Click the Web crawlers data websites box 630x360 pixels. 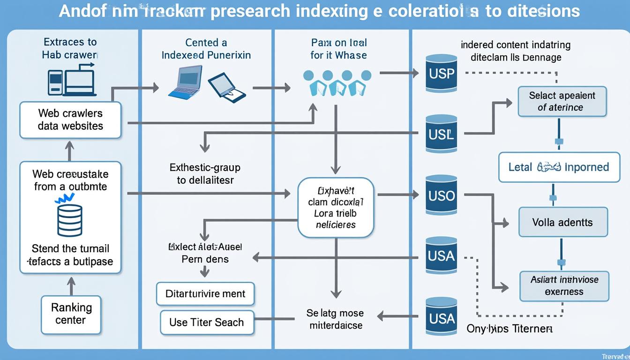tap(70, 120)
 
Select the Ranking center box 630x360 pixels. tap(71, 314)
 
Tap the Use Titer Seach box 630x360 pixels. tap(207, 322)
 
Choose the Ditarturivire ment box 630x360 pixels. tap(205, 294)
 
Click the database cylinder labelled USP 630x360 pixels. tap(441, 73)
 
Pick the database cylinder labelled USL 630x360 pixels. tap(441, 134)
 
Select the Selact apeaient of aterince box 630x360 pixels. tap(562, 101)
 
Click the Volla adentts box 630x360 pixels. tap(563, 222)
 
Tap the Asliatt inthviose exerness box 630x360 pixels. tap(564, 285)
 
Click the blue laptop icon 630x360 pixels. tap(186, 82)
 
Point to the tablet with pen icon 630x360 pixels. tap(226, 87)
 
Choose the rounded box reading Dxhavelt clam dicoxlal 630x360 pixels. tap(336, 207)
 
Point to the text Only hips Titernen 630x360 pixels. tap(510, 329)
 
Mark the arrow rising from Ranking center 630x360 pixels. tap(71, 285)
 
